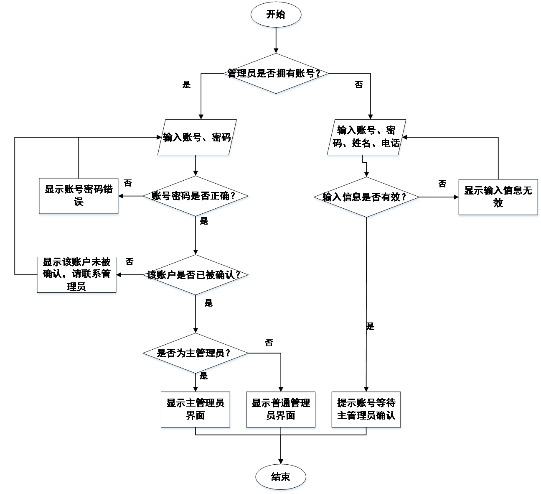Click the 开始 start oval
pos(276,15)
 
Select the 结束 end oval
pos(281,477)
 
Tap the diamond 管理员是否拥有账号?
pos(276,74)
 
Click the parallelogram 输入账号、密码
pos(197,138)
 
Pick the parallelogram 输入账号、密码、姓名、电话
pos(366,137)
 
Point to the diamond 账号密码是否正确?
pos(196,196)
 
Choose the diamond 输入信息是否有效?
pos(366,197)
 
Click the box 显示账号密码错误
pos(79,196)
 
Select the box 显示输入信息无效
pos(498,197)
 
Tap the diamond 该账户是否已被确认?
pos(196,275)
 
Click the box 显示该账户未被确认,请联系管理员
pos(76,274)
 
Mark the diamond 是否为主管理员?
pos(196,353)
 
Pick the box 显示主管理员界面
pos(196,410)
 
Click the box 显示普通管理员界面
pos(281,410)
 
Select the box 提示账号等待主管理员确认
pos(366,410)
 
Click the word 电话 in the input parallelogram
pos(391,143)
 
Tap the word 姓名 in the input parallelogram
pos(361,143)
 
